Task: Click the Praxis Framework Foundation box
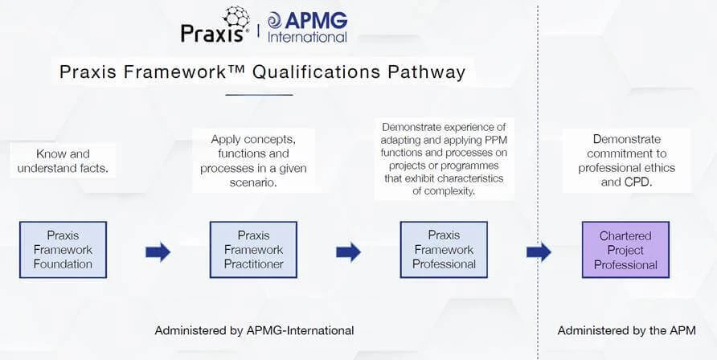64,250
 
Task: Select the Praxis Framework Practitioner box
253,250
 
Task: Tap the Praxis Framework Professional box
444,250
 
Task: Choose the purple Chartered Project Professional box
625,250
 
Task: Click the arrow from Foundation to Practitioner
158,252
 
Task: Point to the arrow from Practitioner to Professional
348,252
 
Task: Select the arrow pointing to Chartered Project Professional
539,252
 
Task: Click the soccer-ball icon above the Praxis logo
236,18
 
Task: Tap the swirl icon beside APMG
275,21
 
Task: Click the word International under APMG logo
307,37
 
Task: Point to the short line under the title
260,95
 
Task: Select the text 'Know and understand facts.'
64,161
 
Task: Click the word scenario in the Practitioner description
253,182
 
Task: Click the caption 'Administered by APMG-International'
254,330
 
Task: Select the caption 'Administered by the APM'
626,330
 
